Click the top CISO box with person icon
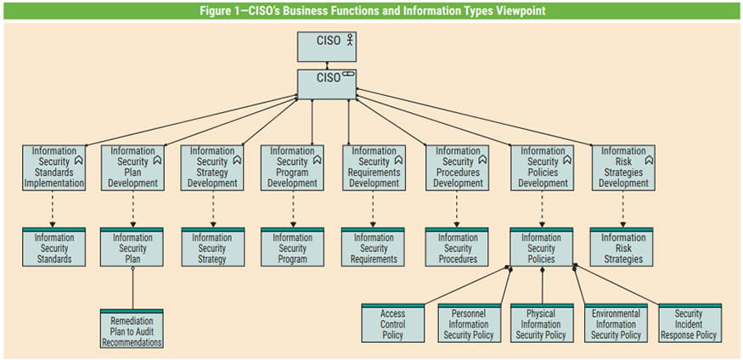[x=327, y=47]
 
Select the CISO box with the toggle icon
[x=327, y=84]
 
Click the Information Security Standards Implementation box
[x=53, y=166]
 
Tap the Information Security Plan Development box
[x=132, y=166]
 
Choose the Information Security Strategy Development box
[x=212, y=166]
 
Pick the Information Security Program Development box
[x=292, y=166]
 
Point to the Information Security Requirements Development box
[x=374, y=166]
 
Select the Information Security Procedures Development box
[x=457, y=166]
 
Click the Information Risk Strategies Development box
[x=623, y=166]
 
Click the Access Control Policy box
[x=392, y=323]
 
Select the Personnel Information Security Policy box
[x=469, y=323]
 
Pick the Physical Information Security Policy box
[x=541, y=323]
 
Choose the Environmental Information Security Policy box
[x=616, y=323]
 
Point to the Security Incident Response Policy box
[x=689, y=323]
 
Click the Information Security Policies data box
[x=541, y=247]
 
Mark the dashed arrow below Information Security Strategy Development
[x=212, y=209]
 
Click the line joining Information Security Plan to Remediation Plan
[x=132, y=289]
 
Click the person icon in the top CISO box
[x=348, y=40]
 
